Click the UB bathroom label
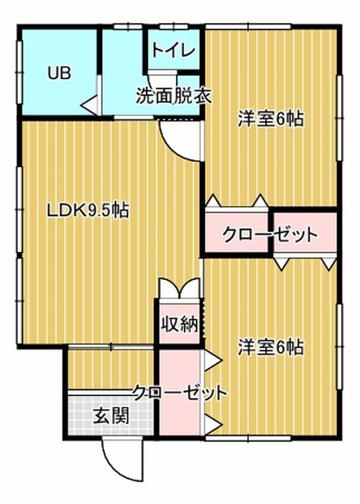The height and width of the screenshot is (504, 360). pyautogui.click(x=59, y=73)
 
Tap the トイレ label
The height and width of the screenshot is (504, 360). pyautogui.click(x=174, y=50)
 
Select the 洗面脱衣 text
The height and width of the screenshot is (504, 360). pyautogui.click(x=173, y=96)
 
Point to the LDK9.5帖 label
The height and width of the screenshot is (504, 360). pyautogui.click(x=88, y=211)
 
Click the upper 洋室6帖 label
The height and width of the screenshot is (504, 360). pyautogui.click(x=270, y=119)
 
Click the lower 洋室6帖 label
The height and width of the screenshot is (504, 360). pyautogui.click(x=270, y=347)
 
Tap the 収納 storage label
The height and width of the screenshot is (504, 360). pyautogui.click(x=179, y=324)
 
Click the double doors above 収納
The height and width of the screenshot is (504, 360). pyautogui.click(x=180, y=288)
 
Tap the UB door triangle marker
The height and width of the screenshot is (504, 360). pyautogui.click(x=90, y=105)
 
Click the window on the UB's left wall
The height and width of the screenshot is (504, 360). pyautogui.click(x=19, y=73)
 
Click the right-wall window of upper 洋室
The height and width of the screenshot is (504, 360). pyautogui.click(x=340, y=118)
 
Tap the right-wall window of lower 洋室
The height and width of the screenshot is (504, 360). pyautogui.click(x=340, y=346)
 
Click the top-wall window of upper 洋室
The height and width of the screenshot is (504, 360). pyautogui.click(x=249, y=27)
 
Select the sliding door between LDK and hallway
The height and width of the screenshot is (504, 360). pyautogui.click(x=111, y=347)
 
